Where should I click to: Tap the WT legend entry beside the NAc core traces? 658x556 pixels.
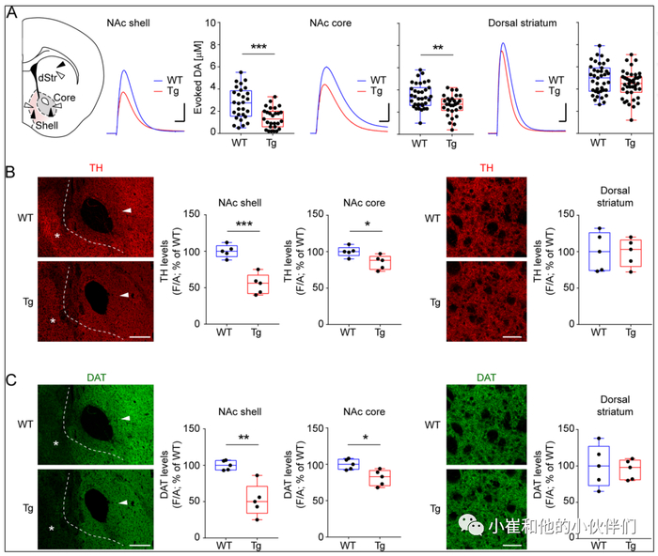pyautogui.click(x=375, y=80)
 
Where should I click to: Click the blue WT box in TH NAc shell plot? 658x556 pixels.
pyautogui.click(x=227, y=251)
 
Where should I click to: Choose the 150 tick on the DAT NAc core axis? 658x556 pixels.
pyautogui.click(x=327, y=430)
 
